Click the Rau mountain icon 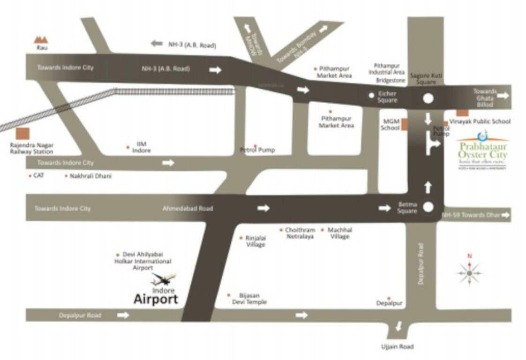42,40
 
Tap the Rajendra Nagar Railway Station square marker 22,134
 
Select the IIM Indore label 141,147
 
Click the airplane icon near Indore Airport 163,280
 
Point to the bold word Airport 156,300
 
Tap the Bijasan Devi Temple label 249,299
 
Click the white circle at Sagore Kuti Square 428,98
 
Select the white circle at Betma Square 428,207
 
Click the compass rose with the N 469,271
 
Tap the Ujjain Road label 397,347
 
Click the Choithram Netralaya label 300,233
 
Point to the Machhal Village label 339,233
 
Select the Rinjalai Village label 255,241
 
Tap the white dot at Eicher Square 371,95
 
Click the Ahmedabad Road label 188,208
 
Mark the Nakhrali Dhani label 90,176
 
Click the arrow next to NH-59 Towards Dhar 505,215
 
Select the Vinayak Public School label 480,121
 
